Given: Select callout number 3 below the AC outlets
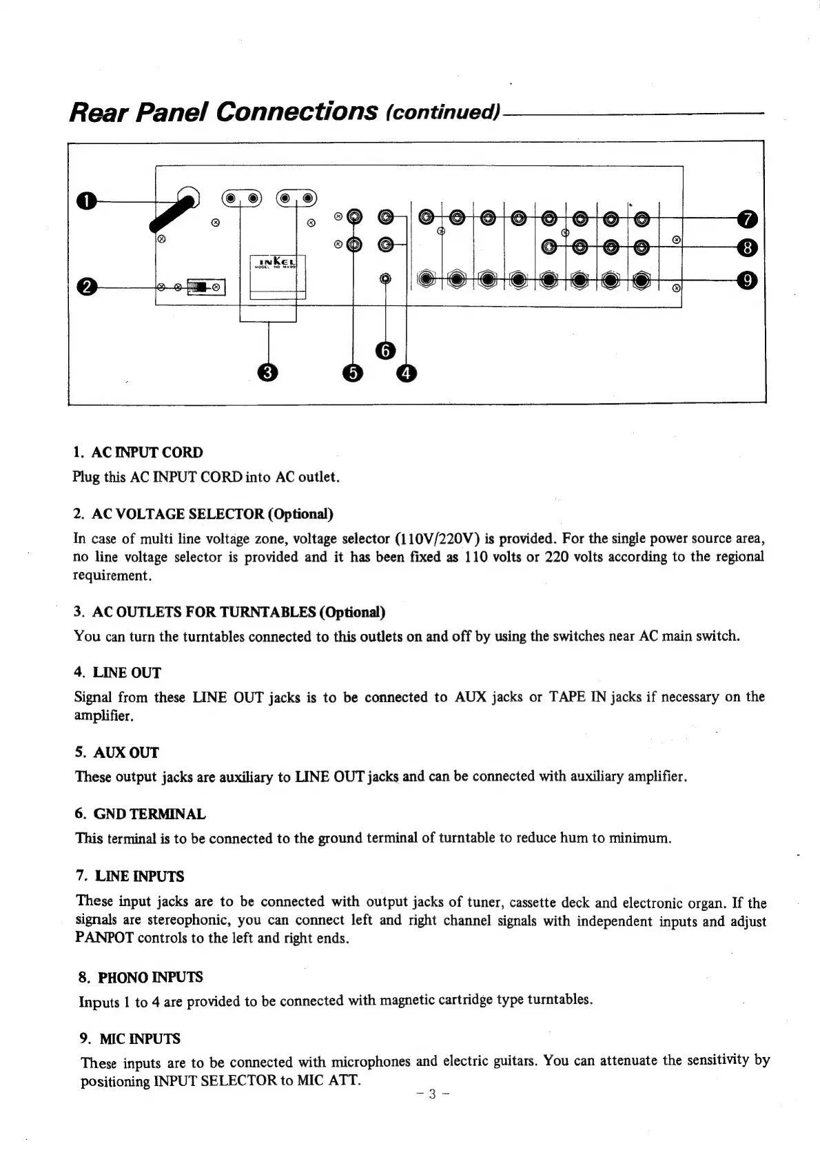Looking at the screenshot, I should pyautogui.click(x=267, y=373).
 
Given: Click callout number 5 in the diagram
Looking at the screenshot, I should pyautogui.click(x=353, y=373).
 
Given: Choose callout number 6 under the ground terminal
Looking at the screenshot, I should pyautogui.click(x=385, y=351).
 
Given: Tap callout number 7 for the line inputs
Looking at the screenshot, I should pyautogui.click(x=748, y=219).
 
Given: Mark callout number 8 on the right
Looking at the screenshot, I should pyautogui.click(x=748, y=247).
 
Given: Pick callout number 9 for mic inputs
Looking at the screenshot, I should pyautogui.click(x=748, y=280).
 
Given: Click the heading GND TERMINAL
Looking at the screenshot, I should pyautogui.click(x=149, y=814).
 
